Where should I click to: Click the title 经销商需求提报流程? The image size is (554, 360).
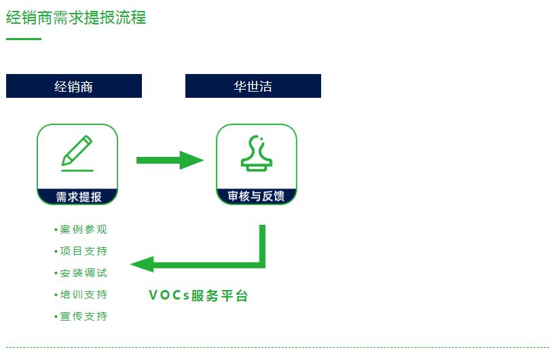76,17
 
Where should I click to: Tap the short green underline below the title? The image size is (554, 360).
24,39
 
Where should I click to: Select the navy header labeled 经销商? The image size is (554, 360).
74,86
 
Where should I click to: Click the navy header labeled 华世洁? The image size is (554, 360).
253,86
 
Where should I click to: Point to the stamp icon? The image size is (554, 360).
256,153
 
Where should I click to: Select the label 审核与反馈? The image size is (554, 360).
256,196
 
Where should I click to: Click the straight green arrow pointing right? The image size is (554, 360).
169,160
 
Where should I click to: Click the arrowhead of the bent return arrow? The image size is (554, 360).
143,264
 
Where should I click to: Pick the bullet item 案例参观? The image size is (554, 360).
84,230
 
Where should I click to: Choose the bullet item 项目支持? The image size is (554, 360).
84,251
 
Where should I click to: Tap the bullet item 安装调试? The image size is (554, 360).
84,273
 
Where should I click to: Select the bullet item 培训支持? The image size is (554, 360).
84,295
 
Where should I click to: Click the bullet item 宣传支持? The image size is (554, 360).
84,317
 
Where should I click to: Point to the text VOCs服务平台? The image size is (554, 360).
198,295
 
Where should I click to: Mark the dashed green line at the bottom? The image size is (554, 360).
277,347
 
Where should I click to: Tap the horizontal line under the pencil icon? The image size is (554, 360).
77,170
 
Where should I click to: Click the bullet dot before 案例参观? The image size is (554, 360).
56,230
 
